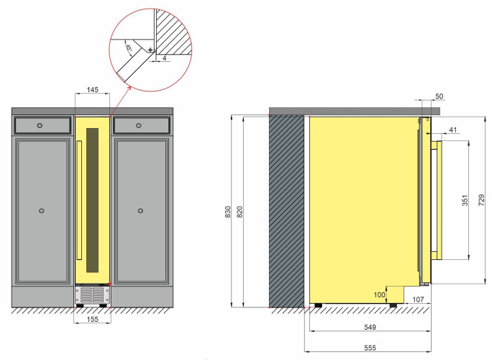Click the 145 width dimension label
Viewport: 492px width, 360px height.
tap(93, 89)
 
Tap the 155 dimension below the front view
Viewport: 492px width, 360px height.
tap(93, 319)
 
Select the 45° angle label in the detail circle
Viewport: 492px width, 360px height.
tap(129, 48)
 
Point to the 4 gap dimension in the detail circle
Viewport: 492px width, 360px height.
tap(165, 58)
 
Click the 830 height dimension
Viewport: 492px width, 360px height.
tap(228, 212)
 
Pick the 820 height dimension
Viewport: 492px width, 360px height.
tap(240, 212)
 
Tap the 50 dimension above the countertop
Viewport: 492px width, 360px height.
tap(439, 96)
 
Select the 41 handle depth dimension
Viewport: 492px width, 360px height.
tap(452, 130)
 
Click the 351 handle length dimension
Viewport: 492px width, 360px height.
tap(465, 200)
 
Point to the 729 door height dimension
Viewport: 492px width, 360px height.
tap(481, 200)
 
